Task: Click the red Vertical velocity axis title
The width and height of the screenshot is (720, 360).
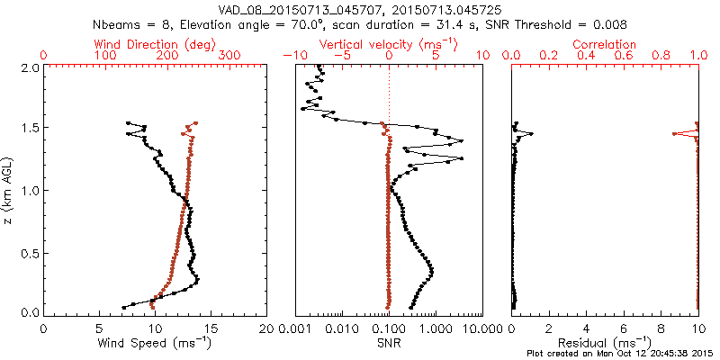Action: [x=389, y=44]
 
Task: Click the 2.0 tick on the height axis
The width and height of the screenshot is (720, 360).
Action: [x=30, y=67]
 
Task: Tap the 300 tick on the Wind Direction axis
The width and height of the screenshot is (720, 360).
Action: [x=229, y=56]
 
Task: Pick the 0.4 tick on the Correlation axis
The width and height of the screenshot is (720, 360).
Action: [x=586, y=56]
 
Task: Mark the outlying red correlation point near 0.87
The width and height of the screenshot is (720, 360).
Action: [x=674, y=134]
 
